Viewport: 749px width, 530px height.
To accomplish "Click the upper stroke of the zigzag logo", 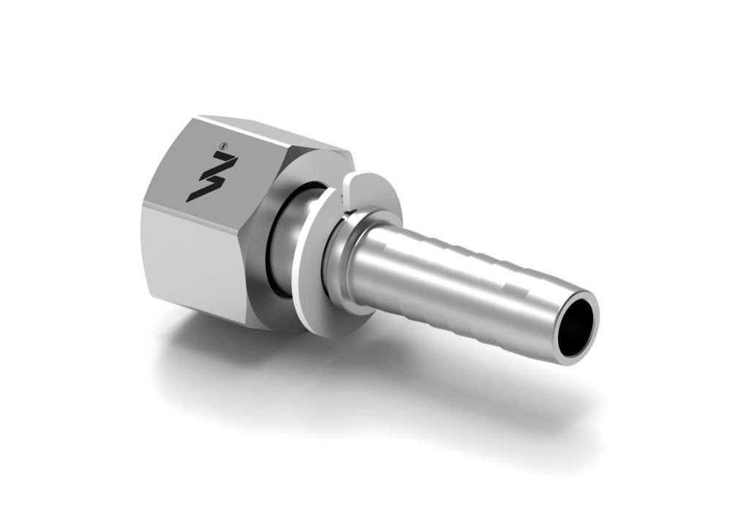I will (219, 165).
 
